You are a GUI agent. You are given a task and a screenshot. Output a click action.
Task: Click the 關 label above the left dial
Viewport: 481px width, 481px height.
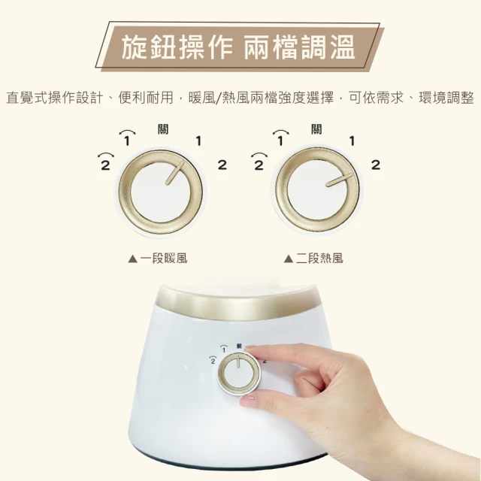[163, 129]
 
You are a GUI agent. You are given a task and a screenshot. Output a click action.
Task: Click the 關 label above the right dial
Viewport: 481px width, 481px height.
[316, 129]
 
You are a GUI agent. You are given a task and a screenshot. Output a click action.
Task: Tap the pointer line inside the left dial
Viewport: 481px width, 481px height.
[175, 173]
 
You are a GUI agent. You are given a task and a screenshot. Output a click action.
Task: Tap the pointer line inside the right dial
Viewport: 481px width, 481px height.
[339, 180]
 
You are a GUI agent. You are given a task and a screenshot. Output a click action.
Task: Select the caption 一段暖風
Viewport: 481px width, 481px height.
[164, 259]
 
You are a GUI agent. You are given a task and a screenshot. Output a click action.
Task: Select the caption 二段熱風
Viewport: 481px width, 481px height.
[319, 259]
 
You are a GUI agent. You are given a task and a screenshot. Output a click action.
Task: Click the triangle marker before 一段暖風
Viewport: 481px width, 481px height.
[133, 259]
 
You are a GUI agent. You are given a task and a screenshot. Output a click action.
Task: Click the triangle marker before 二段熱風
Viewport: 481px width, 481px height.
[289, 259]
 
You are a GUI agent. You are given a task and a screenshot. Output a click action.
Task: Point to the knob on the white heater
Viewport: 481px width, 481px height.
[238, 373]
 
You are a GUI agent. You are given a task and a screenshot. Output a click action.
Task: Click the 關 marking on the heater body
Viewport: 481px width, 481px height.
[239, 346]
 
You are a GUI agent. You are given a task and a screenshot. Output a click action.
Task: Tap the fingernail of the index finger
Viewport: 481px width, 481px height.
[250, 347]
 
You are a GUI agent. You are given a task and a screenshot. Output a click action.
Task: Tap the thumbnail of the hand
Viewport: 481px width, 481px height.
[248, 399]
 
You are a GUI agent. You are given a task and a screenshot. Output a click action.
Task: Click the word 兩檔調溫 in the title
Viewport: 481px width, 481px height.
[299, 47]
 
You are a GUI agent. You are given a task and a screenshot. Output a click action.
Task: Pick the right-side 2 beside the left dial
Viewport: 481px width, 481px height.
[222, 165]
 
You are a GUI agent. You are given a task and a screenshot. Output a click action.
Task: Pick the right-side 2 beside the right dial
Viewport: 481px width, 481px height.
[376, 165]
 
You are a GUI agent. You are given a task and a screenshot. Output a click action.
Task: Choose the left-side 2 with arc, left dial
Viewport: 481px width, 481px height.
[105, 161]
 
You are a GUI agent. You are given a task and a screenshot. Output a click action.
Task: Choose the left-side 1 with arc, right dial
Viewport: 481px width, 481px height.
[280, 138]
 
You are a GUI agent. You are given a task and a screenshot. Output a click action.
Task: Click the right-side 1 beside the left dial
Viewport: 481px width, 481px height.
[198, 141]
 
